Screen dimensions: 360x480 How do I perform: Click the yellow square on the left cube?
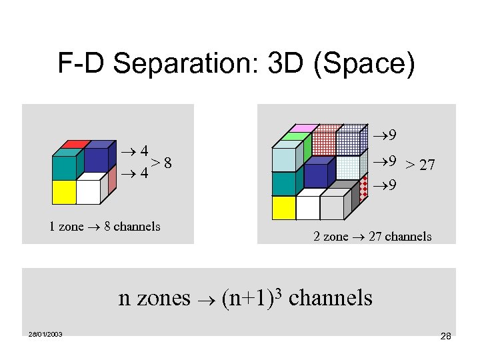click(63, 192)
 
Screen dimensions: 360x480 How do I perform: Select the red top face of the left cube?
click(74, 143)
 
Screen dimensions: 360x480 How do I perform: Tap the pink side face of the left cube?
click(113, 175)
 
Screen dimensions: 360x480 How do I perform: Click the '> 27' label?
click(421, 164)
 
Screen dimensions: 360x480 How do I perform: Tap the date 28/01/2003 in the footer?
click(45, 334)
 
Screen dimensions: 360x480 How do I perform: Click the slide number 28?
click(445, 337)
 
